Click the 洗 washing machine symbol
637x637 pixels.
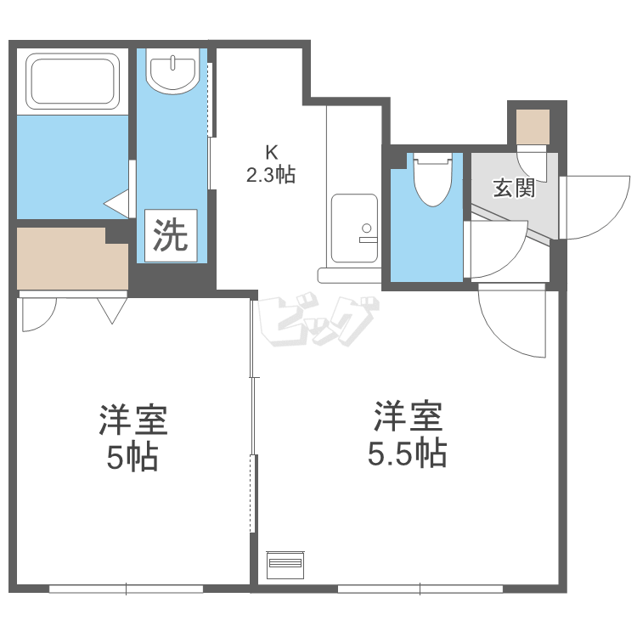pyautogui.click(x=170, y=235)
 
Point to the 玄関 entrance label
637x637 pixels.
pyautogui.click(x=514, y=189)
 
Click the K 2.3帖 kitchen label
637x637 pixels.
pyautogui.click(x=271, y=165)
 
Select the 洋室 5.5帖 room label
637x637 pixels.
pyautogui.click(x=408, y=437)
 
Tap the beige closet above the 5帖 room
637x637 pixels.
pyautogui.click(x=71, y=258)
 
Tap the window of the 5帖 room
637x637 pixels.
pyautogui.click(x=126, y=588)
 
